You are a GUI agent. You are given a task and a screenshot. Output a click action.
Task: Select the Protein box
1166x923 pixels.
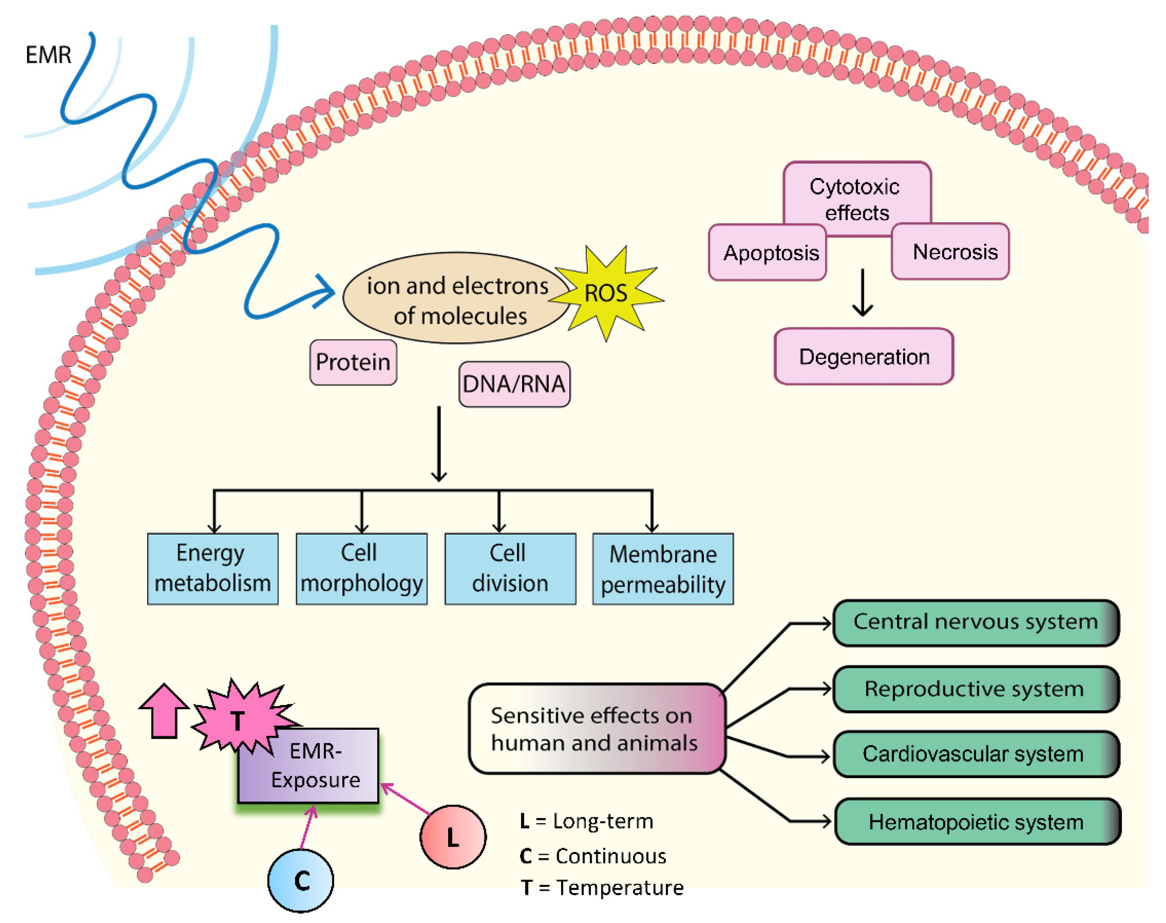(353, 362)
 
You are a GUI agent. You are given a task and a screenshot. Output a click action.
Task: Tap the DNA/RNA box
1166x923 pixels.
(514, 384)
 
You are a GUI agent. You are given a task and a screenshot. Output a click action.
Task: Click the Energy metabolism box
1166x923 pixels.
(213, 569)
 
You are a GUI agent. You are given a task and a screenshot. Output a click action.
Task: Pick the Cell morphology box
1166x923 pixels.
(362, 569)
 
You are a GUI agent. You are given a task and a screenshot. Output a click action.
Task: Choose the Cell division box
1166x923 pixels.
(510, 569)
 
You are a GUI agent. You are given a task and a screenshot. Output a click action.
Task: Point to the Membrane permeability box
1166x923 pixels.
(663, 569)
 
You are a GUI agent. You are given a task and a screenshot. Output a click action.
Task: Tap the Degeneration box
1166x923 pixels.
(864, 357)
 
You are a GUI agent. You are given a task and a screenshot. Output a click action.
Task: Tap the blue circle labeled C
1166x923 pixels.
(301, 881)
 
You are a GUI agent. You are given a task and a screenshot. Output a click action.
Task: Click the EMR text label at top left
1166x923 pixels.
(48, 55)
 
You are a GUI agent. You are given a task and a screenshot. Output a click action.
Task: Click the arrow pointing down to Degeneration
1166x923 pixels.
(862, 292)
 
